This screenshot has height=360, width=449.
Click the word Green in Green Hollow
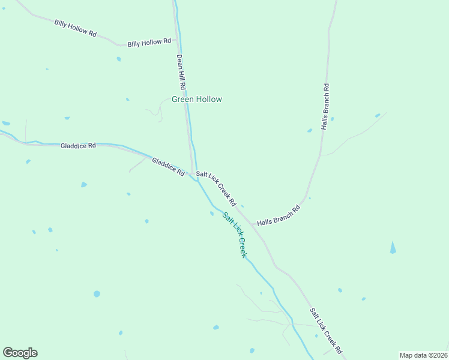click(x=183, y=100)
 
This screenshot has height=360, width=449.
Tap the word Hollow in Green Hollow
click(x=209, y=100)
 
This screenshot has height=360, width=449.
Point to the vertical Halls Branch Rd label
click(x=325, y=107)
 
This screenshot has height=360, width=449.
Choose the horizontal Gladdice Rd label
click(x=78, y=146)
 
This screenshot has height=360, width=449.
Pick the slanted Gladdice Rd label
click(x=168, y=166)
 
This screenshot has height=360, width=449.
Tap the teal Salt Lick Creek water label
click(x=234, y=235)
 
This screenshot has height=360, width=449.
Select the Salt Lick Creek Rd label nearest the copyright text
click(x=325, y=331)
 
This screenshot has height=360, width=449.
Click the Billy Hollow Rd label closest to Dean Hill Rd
click(x=149, y=42)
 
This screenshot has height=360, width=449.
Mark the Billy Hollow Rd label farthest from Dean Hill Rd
click(x=75, y=28)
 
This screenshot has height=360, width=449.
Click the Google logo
click(x=20, y=353)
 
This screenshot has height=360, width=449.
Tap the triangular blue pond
click(x=393, y=247)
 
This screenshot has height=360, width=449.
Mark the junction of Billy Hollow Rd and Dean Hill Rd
click(x=175, y=39)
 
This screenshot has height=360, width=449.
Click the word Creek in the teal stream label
click(x=241, y=247)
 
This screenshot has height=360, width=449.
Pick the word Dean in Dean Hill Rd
click(x=178, y=62)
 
